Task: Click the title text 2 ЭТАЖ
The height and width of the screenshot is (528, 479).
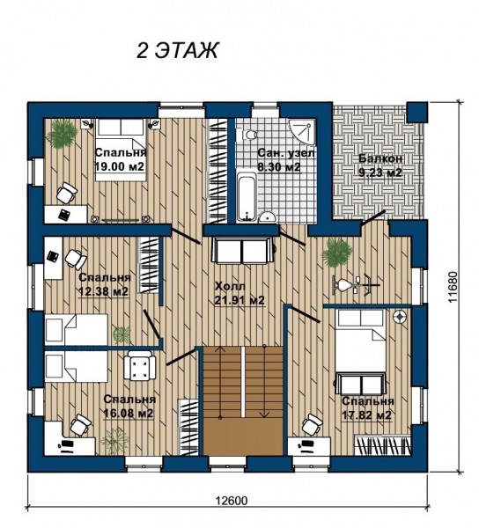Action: (x=178, y=51)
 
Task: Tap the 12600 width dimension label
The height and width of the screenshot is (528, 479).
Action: (x=231, y=501)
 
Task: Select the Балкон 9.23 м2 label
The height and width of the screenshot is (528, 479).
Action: (x=380, y=165)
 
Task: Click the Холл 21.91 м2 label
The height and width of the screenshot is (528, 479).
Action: (x=239, y=294)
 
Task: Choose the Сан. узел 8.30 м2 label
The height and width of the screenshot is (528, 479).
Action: (x=286, y=159)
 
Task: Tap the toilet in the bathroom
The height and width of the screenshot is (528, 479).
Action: (x=249, y=136)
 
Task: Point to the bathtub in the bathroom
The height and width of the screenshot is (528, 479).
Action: (x=247, y=196)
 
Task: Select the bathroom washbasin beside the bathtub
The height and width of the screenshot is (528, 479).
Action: (x=268, y=217)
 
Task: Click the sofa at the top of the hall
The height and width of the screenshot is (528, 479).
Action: (x=242, y=250)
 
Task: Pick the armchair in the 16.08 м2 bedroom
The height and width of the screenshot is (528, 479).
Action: (x=140, y=365)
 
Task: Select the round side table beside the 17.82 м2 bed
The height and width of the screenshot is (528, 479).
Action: (x=400, y=317)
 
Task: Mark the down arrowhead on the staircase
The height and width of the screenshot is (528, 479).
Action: (x=264, y=414)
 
